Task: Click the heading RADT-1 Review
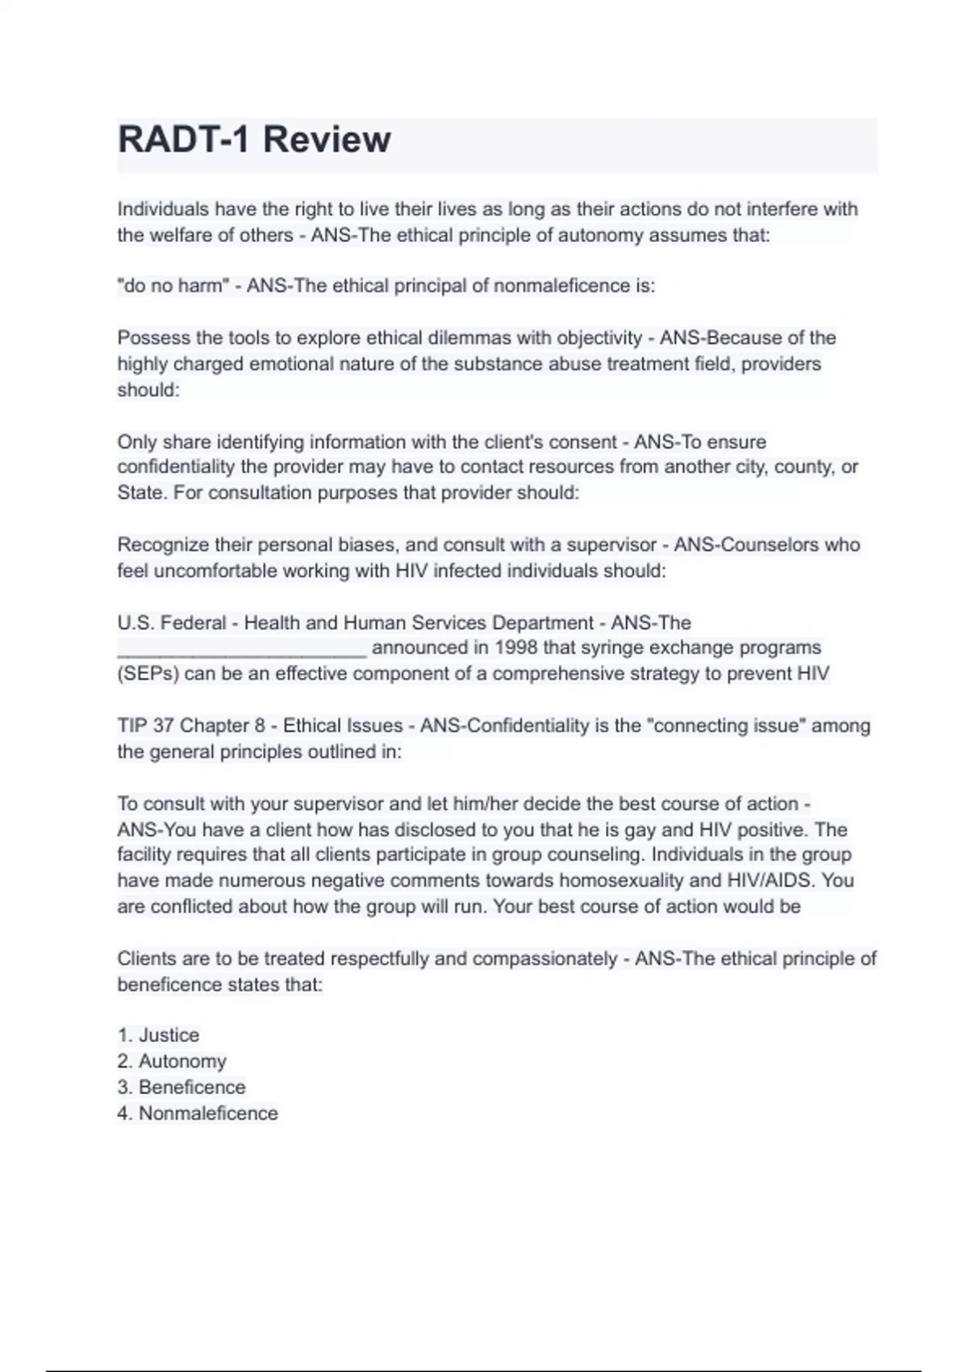click(x=254, y=140)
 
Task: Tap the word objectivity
click(x=599, y=337)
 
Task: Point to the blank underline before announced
click(x=242, y=650)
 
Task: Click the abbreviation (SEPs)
click(x=148, y=674)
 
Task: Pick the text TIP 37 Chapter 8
click(x=191, y=726)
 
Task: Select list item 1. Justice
click(x=158, y=1035)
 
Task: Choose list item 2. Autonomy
click(x=172, y=1061)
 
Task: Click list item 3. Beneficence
click(x=181, y=1087)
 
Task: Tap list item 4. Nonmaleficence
click(x=198, y=1113)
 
